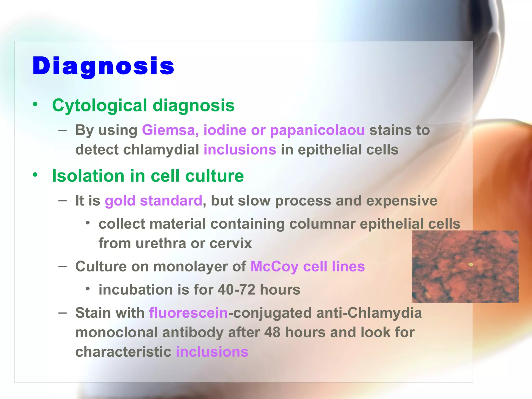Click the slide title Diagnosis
coord(103,66)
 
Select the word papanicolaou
coord(317,130)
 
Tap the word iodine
coord(225,130)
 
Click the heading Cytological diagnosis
coord(143,106)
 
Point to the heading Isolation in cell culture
coord(148,176)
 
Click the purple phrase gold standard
coord(153,201)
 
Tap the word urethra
coord(161,244)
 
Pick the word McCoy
coord(274,267)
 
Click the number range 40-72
coord(236,290)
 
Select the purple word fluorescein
coord(188,313)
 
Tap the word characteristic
coord(123,352)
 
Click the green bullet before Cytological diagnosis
coord(35,104)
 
